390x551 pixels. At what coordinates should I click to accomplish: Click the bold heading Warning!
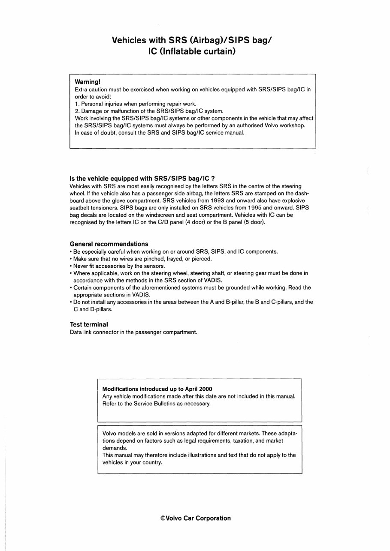88,81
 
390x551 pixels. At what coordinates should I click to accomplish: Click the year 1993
235,201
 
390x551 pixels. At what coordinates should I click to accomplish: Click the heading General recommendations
109,244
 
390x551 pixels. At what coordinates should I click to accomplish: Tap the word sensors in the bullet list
143,266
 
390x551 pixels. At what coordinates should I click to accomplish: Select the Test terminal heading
89,324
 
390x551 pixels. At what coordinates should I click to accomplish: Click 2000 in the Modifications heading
205,389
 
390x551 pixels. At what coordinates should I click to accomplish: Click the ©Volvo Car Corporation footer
195,518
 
